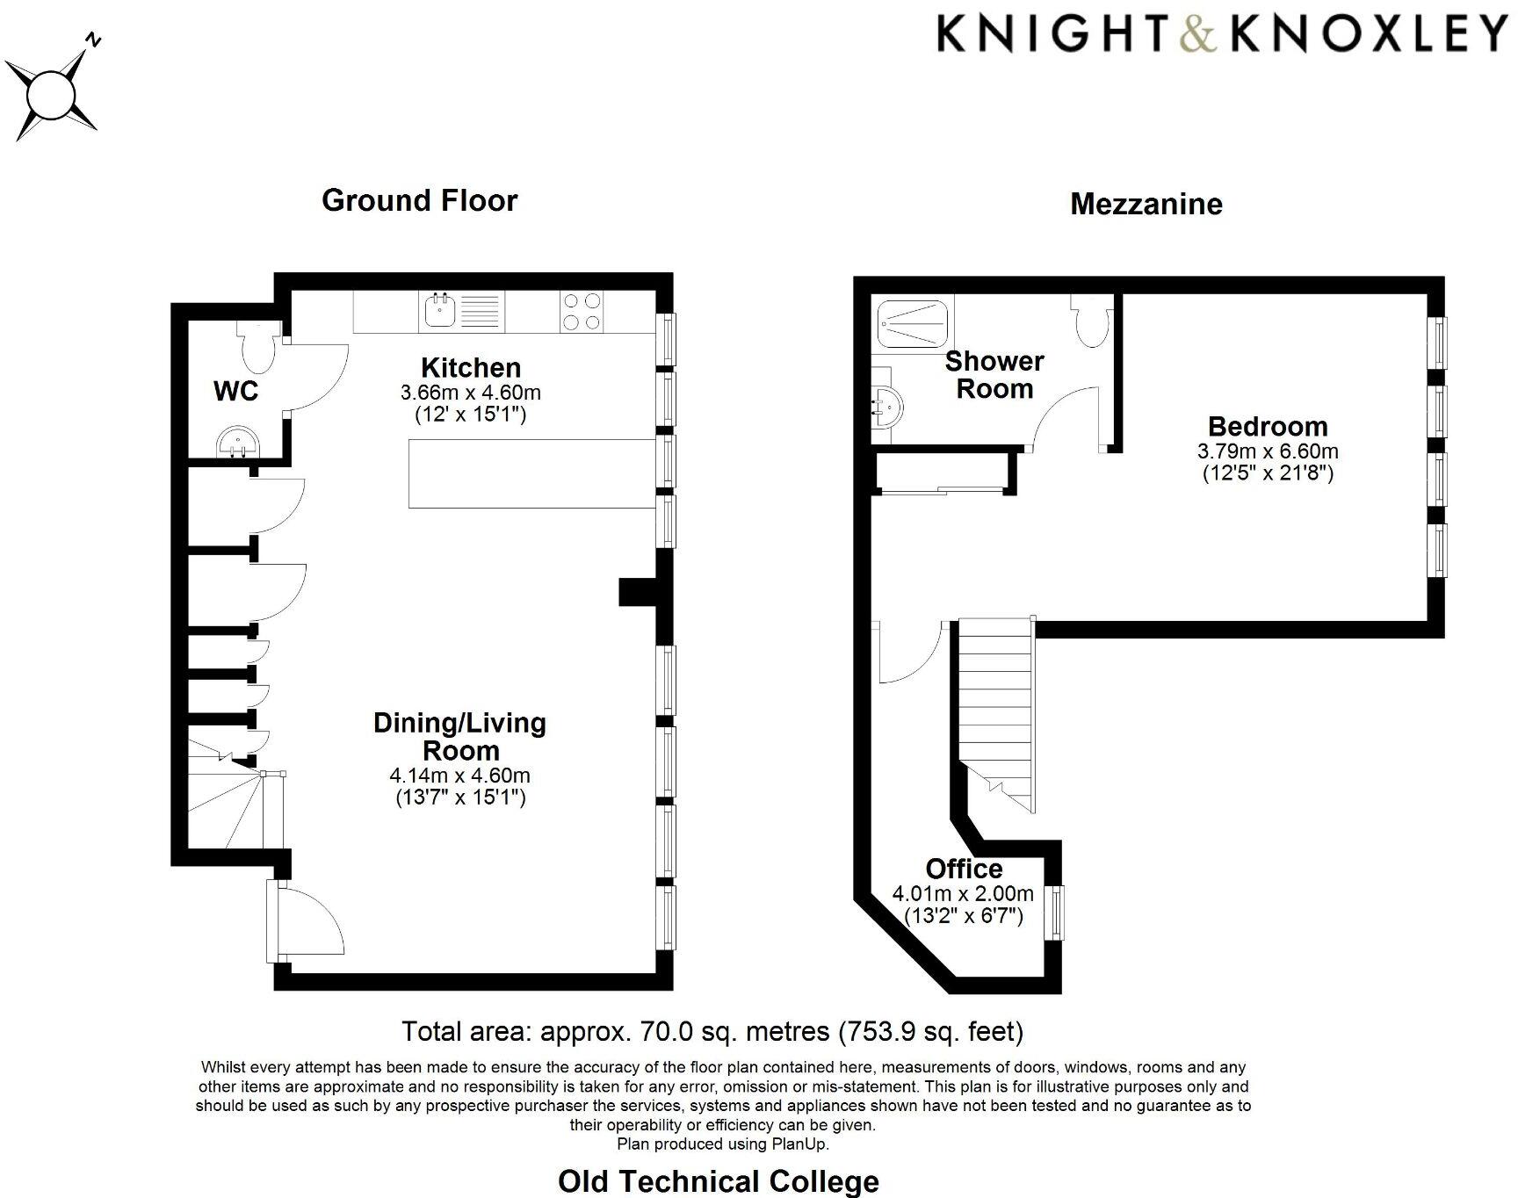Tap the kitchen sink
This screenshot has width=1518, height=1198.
439,310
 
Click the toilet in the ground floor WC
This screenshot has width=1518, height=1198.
259,349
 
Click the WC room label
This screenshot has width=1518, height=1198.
236,391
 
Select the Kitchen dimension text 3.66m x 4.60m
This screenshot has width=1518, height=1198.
470,392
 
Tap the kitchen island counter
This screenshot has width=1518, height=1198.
533,474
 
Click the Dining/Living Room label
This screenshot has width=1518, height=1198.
459,736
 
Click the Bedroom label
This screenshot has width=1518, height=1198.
1268,427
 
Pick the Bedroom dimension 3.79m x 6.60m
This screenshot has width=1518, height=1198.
1268,451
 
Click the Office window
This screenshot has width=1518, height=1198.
1056,913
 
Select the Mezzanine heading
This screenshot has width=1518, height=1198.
1146,205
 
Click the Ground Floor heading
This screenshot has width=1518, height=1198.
420,200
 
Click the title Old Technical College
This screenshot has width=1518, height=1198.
718,1181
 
